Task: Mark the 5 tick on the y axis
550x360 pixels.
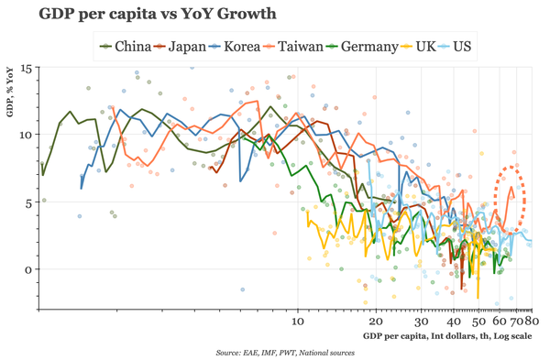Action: pyautogui.click(x=28, y=202)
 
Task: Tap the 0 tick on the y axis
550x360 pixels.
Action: pyautogui.click(x=28, y=269)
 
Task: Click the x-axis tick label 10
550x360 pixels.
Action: pyautogui.click(x=297, y=322)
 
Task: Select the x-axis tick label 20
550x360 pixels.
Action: pyautogui.click(x=375, y=322)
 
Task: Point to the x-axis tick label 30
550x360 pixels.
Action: pyautogui.click(x=421, y=322)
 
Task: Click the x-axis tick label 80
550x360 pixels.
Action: pyautogui.click(x=531, y=322)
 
